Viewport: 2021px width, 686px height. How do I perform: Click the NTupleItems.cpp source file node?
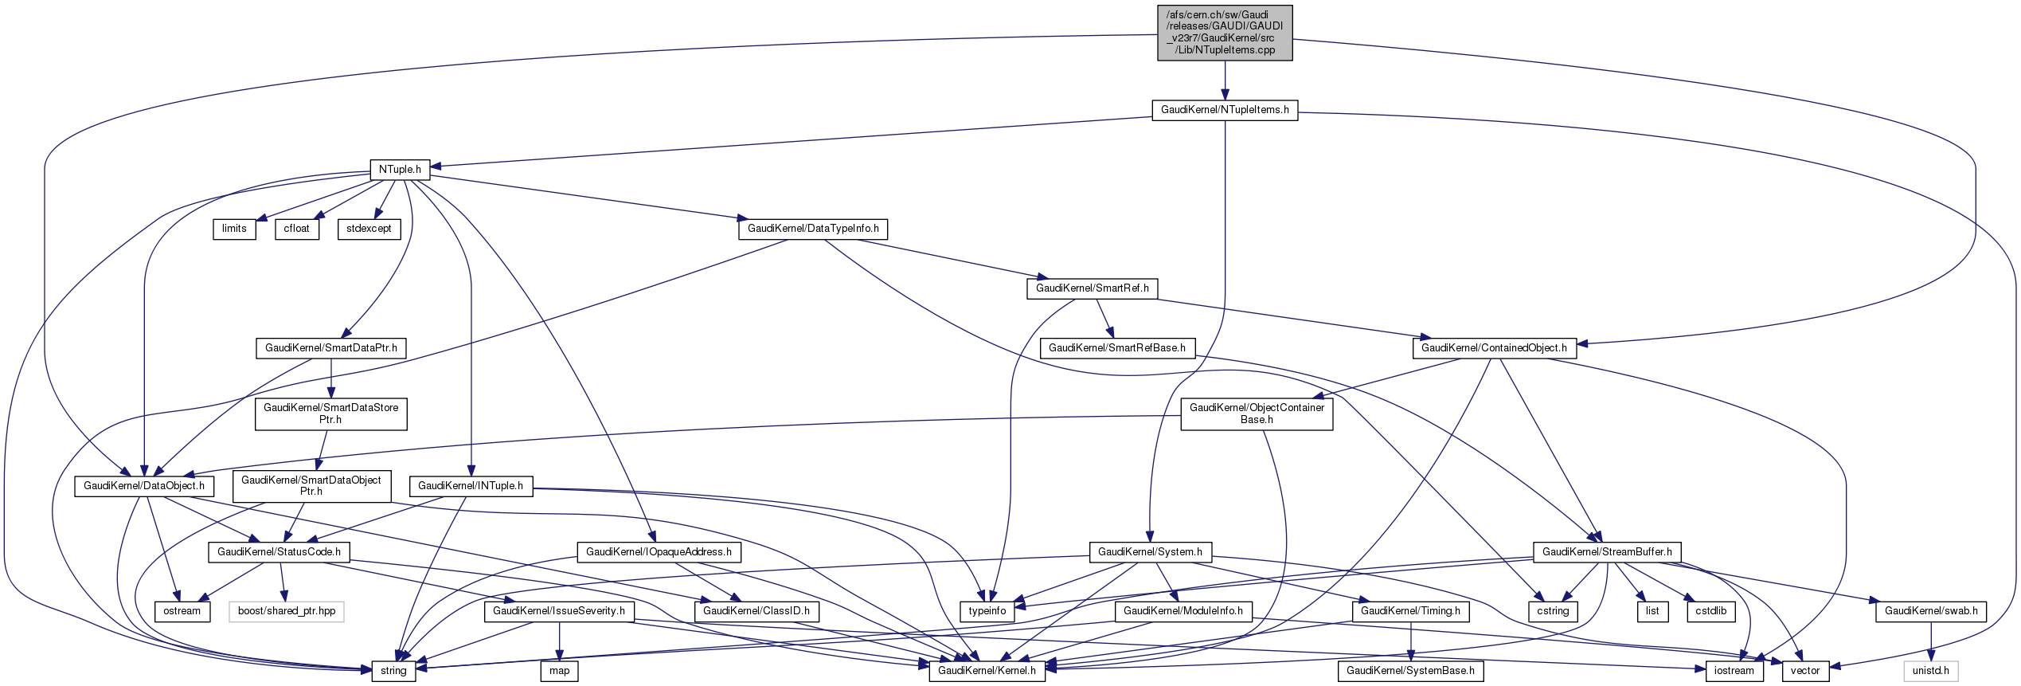pyautogui.click(x=1224, y=33)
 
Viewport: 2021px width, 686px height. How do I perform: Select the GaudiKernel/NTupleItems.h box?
pyautogui.click(x=1224, y=110)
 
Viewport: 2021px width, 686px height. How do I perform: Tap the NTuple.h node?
pyautogui.click(x=400, y=170)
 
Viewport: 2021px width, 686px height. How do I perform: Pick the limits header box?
pyautogui.click(x=234, y=229)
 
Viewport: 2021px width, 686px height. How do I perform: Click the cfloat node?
pyautogui.click(x=297, y=229)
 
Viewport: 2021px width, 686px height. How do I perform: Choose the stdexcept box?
pyautogui.click(x=369, y=229)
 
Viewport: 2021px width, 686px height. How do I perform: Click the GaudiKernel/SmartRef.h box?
pyautogui.click(x=1092, y=288)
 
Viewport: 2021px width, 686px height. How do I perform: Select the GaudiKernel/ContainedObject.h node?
pyautogui.click(x=1494, y=348)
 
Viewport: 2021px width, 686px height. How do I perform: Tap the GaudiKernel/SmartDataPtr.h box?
pyautogui.click(x=330, y=348)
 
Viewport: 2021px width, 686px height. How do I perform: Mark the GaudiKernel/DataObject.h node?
pyautogui.click(x=144, y=486)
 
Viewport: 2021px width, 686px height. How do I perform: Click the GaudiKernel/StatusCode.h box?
pyautogui.click(x=279, y=552)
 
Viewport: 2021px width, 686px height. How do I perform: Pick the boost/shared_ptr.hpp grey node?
pyautogui.click(x=287, y=611)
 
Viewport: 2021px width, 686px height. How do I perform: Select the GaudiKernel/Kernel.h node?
pyautogui.click(x=987, y=671)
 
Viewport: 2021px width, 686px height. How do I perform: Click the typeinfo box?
pyautogui.click(x=987, y=611)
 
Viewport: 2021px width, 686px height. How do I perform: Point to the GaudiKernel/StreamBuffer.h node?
pyautogui.click(x=1607, y=552)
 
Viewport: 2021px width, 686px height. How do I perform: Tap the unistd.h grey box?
pyautogui.click(x=1930, y=671)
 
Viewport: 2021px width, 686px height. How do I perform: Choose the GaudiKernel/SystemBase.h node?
pyautogui.click(x=1410, y=671)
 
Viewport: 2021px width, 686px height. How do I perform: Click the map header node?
pyautogui.click(x=559, y=671)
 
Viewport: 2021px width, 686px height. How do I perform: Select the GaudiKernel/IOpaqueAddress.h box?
pyautogui.click(x=659, y=552)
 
